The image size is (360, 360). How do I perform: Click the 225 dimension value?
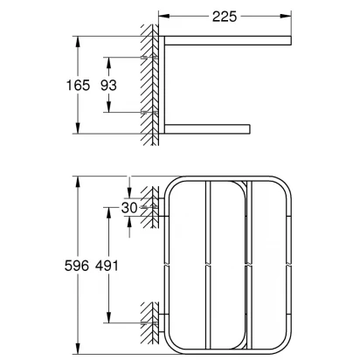(x=225, y=17)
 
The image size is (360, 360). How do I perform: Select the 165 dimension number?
(x=78, y=86)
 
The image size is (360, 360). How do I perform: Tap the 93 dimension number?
(x=108, y=86)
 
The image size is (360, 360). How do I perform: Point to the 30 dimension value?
(x=129, y=208)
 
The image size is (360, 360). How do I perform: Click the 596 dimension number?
(x=77, y=266)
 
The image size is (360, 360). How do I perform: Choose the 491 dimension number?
(x=107, y=266)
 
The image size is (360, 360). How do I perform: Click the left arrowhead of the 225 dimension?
(x=164, y=16)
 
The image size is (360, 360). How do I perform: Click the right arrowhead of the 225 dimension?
(x=286, y=16)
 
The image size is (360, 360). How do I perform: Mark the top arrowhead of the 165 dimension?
(x=78, y=41)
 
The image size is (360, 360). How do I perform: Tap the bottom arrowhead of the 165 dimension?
(x=78, y=128)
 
